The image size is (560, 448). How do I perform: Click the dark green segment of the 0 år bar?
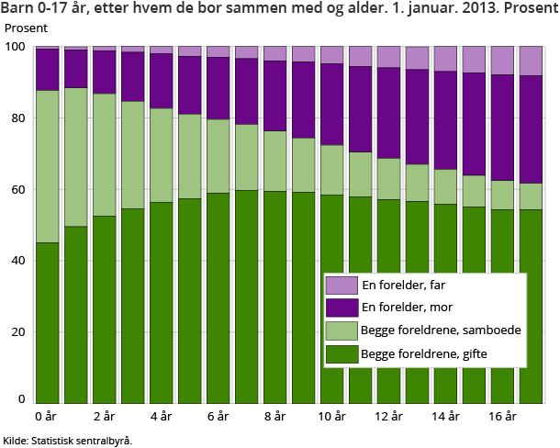(47, 321)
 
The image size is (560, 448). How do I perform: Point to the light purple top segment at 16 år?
(502, 61)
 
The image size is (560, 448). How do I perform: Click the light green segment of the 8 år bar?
(274, 161)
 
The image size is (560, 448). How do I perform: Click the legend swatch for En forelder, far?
(340, 286)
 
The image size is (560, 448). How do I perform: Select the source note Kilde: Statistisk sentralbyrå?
(68, 440)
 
